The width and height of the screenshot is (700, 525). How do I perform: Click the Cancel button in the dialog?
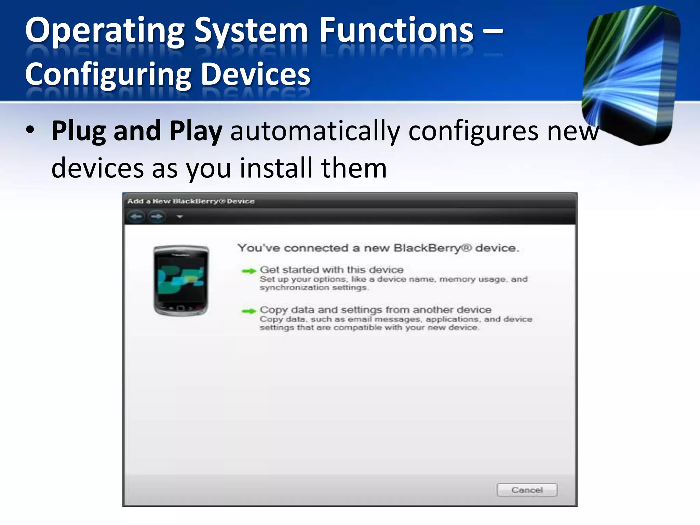coord(527,490)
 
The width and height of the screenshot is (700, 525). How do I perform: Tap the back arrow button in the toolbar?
coord(136,216)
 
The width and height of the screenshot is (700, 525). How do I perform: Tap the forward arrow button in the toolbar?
coord(157,216)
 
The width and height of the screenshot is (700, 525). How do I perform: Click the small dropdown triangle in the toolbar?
coord(180,217)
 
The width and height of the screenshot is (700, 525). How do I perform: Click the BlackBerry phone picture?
coord(181,280)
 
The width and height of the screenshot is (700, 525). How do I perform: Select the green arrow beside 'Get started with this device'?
coord(249,271)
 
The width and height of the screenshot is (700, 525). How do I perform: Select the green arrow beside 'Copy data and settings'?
coord(249,311)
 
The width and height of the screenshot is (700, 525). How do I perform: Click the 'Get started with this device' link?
coord(332,270)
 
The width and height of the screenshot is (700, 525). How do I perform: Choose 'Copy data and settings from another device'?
coord(375,310)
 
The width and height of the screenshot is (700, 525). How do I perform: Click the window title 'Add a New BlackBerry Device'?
coord(191,201)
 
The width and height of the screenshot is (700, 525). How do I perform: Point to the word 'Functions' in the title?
coord(396,31)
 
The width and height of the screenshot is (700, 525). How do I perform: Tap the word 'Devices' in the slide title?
coord(256,75)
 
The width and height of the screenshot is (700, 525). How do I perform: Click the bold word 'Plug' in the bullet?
coord(79,132)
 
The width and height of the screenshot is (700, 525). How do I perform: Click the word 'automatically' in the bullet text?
coord(315,132)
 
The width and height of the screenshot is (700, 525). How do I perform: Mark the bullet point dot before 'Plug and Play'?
coord(30,130)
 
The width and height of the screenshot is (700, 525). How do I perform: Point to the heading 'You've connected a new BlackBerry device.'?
coord(378,248)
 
